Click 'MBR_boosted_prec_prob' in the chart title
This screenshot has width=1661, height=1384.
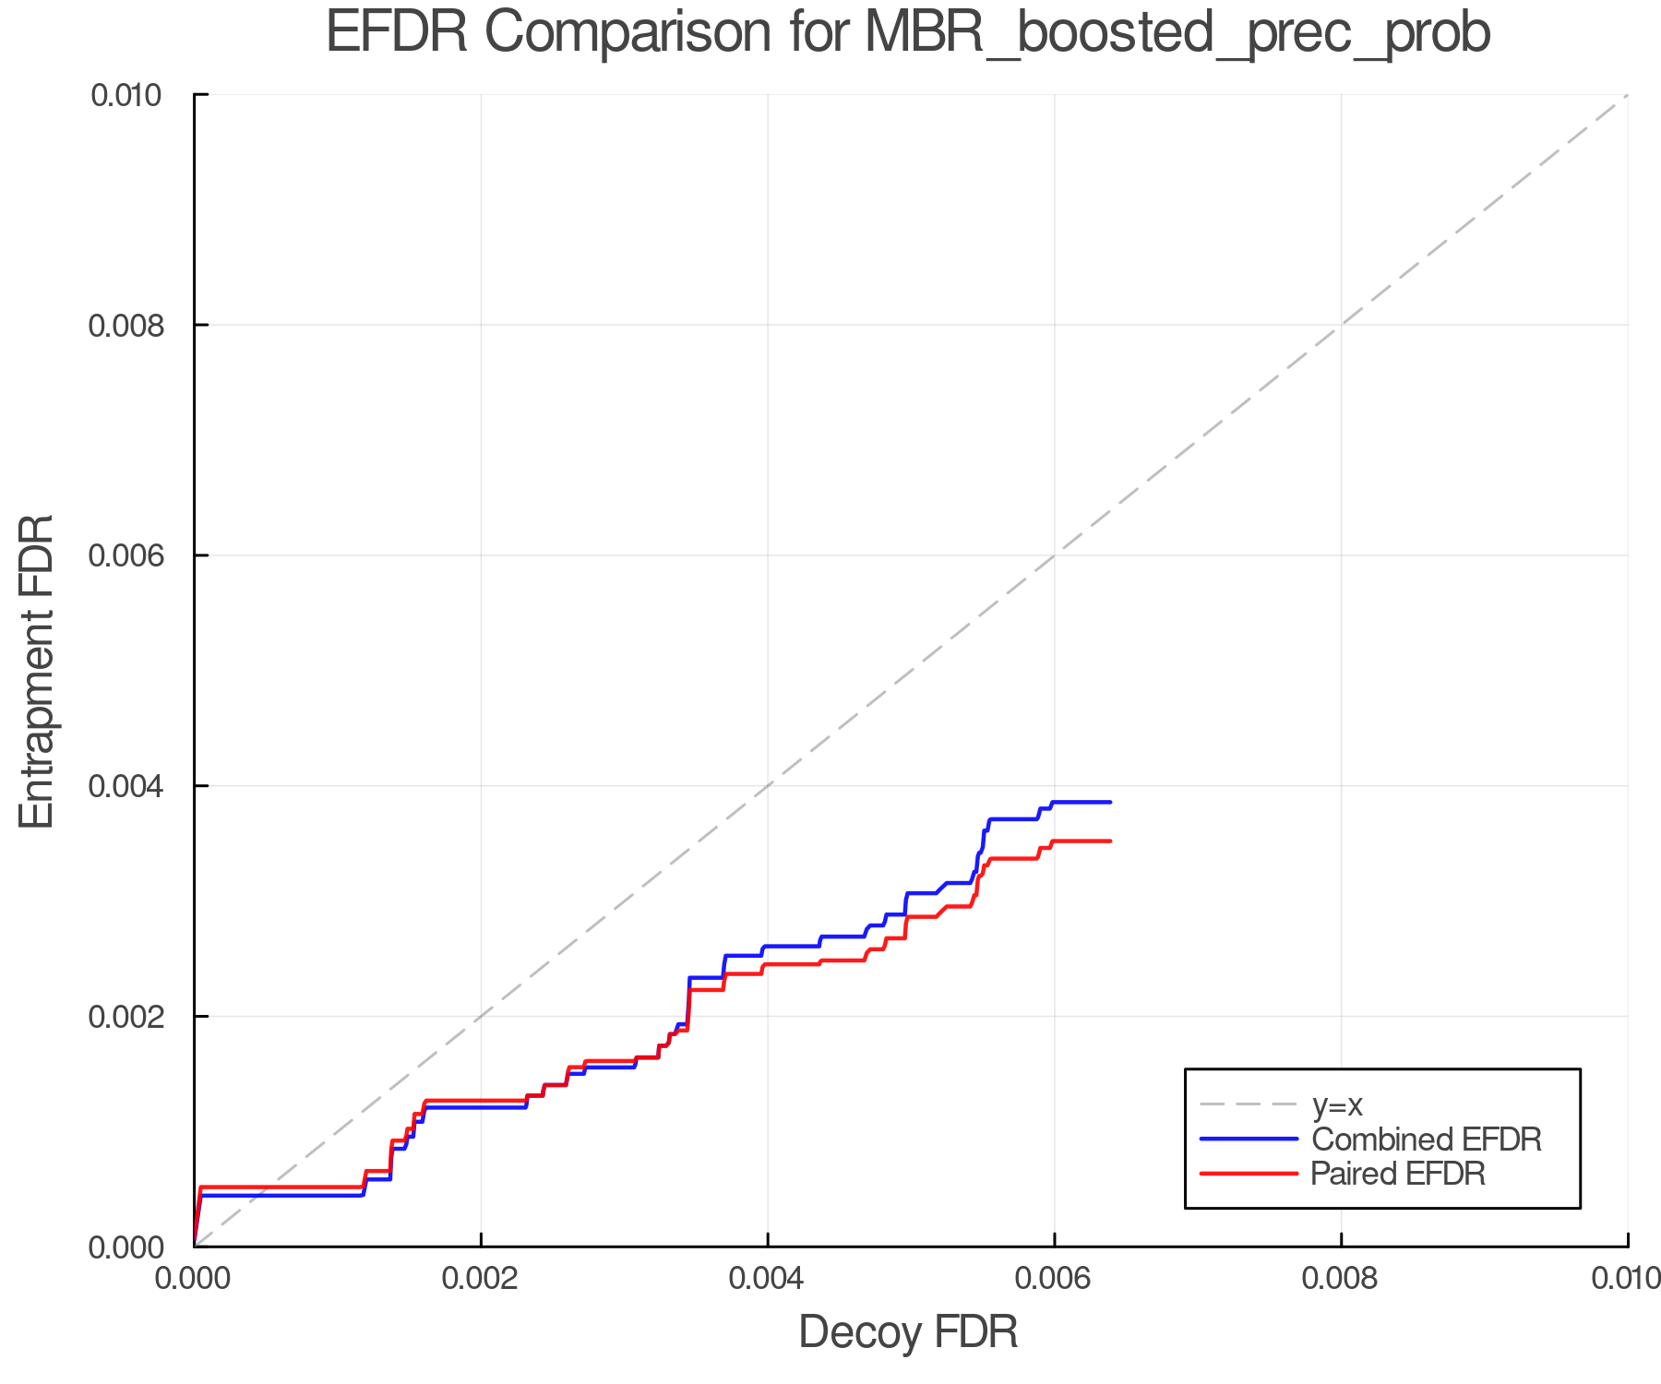click(x=1177, y=33)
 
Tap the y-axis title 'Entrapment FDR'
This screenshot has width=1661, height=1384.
click(x=37, y=671)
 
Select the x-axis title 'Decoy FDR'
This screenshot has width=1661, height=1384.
click(x=908, y=1332)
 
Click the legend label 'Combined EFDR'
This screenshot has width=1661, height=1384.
click(x=1426, y=1139)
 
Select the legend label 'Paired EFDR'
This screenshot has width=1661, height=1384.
click(x=1398, y=1174)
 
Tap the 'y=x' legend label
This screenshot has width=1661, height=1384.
click(x=1337, y=1104)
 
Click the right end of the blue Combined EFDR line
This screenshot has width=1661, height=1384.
click(x=1110, y=802)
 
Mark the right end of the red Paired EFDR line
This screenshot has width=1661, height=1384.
click(x=1110, y=841)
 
